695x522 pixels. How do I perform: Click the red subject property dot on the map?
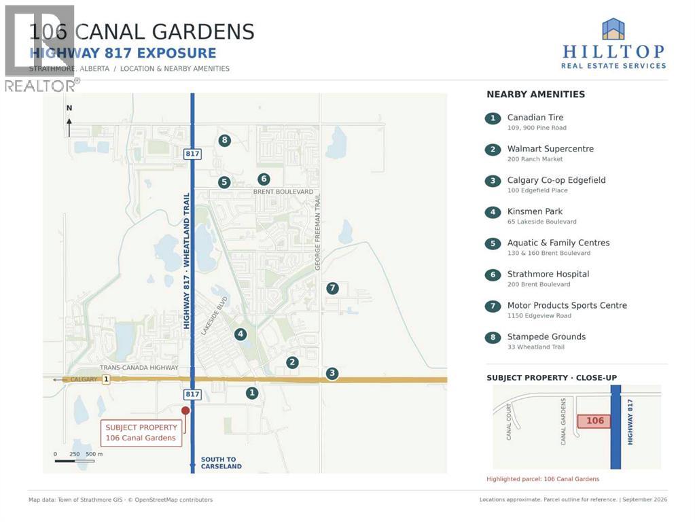[185, 411]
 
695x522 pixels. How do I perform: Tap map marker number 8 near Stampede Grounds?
[225, 141]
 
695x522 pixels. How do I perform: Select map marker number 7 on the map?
[332, 288]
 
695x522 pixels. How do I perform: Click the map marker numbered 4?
[240, 334]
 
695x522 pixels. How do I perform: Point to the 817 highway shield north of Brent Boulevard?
[192, 154]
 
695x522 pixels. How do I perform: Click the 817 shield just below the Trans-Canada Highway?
[192, 394]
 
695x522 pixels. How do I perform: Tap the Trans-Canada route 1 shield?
[106, 380]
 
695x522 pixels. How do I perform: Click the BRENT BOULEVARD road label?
[283, 192]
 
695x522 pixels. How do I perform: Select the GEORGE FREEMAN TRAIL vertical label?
[317, 232]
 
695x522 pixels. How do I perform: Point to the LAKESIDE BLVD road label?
[214, 316]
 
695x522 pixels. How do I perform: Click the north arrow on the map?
[69, 127]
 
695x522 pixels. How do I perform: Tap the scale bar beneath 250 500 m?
[75, 462]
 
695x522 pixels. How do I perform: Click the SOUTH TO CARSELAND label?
[221, 463]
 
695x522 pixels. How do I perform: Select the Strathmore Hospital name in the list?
[548, 274]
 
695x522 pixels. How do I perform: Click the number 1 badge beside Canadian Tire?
[493, 118]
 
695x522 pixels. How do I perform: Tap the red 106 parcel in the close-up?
[594, 421]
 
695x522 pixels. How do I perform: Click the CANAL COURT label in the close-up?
[509, 422]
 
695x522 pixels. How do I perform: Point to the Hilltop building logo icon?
[613, 29]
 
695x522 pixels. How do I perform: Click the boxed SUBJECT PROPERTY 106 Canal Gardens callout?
[141, 433]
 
